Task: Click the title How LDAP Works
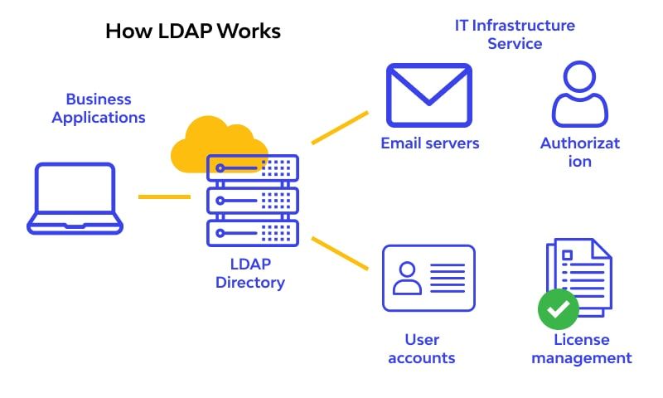click(x=193, y=32)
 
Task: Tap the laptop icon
click(x=75, y=198)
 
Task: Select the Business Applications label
click(x=99, y=109)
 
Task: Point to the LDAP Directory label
click(x=250, y=274)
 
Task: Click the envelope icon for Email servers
click(x=428, y=95)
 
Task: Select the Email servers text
click(x=429, y=143)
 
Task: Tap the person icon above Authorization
click(x=580, y=94)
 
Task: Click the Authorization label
click(x=580, y=152)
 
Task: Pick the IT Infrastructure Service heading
click(x=515, y=34)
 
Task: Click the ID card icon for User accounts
click(x=428, y=278)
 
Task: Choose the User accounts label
click(x=422, y=349)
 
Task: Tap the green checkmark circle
click(x=559, y=310)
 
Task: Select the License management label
click(x=582, y=349)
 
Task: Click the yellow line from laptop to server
click(x=163, y=197)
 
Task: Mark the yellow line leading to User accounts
click(x=340, y=253)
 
